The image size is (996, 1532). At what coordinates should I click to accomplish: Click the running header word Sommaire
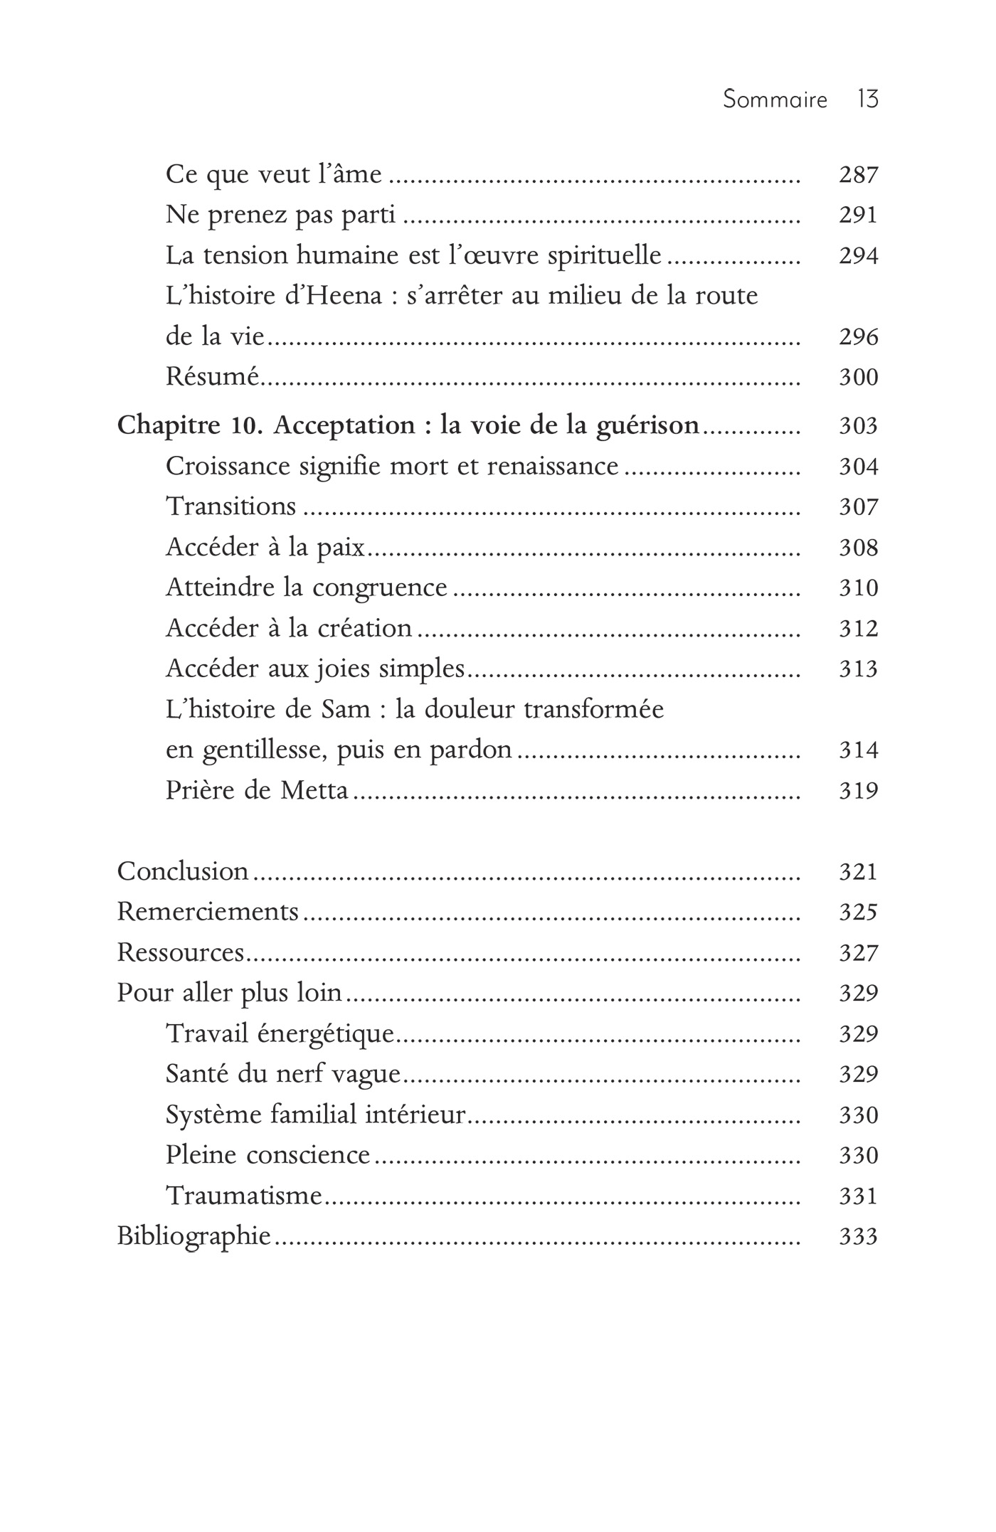(775, 100)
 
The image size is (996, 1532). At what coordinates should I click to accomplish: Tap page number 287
(858, 175)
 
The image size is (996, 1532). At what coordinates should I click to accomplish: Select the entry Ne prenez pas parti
(280, 215)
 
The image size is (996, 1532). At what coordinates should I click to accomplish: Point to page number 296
(858, 337)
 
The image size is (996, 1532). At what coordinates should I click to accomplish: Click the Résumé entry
(212, 376)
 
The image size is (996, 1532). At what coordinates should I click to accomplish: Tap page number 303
(858, 427)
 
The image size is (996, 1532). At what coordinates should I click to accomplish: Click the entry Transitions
(231, 506)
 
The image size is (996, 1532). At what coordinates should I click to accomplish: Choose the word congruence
(379, 588)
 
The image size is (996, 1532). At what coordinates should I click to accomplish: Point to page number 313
(858, 669)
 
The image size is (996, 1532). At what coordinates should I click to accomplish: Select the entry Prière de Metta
(257, 791)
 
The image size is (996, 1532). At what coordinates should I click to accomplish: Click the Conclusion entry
(183, 872)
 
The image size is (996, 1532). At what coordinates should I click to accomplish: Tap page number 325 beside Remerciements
(858, 913)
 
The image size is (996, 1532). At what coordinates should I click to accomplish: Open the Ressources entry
(181, 953)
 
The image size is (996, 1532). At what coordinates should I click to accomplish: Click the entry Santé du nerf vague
(283, 1074)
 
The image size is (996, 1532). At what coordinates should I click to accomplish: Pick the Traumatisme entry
(244, 1196)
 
